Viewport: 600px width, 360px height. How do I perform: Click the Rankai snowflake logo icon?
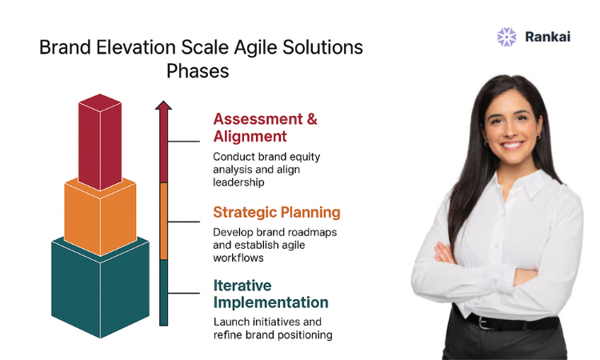click(506, 37)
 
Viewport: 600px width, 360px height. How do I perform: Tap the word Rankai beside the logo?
click(547, 37)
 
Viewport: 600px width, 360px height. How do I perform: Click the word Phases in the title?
click(198, 71)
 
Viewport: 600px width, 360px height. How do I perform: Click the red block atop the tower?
click(100, 142)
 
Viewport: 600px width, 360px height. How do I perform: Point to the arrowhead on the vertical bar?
click(163, 106)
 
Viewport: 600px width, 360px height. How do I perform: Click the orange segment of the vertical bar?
click(163, 221)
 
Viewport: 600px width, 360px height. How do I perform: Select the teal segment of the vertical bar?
click(163, 293)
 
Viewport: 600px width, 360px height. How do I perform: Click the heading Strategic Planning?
click(277, 213)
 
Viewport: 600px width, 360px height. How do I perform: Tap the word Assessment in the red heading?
click(258, 119)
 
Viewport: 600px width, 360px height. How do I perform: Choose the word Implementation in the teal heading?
click(271, 302)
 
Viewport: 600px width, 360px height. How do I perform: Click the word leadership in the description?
click(238, 182)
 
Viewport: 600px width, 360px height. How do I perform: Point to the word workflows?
click(238, 258)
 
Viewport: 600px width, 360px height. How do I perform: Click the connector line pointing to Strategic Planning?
click(184, 222)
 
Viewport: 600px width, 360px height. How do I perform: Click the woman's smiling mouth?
click(512, 146)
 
